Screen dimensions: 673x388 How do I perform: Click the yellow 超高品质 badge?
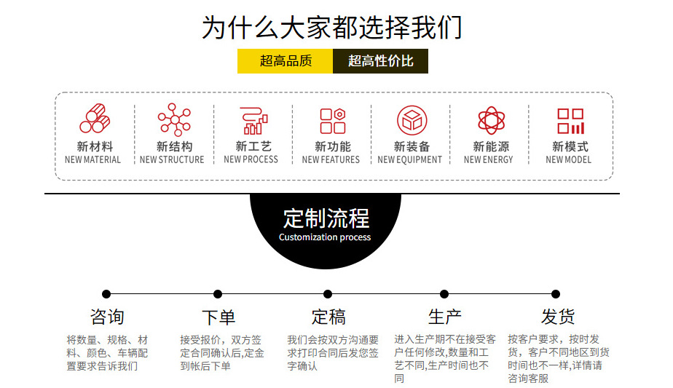[286, 61]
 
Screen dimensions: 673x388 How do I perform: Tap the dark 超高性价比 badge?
[380, 61]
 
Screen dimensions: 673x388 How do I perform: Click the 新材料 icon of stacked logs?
[95, 119]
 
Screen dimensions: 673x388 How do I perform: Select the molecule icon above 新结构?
[173, 119]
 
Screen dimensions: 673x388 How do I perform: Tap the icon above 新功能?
[332, 120]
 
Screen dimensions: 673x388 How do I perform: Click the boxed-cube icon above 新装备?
[412, 119]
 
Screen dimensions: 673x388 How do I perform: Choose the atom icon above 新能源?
[491, 119]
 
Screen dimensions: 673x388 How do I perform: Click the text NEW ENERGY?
[488, 160]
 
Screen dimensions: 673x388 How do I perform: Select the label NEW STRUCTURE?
[172, 160]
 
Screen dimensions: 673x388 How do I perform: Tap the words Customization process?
[325, 237]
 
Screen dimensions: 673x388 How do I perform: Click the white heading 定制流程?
[326, 218]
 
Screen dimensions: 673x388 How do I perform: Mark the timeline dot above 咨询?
[106, 294]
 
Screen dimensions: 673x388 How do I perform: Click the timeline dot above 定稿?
[328, 294]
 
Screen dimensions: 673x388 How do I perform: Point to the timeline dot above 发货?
[556, 294]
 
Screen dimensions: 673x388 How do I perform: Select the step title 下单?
[218, 317]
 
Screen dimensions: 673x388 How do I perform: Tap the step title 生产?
[444, 317]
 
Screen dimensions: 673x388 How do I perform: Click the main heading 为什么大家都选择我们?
[332, 28]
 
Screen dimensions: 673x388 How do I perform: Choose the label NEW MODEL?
[568, 160]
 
